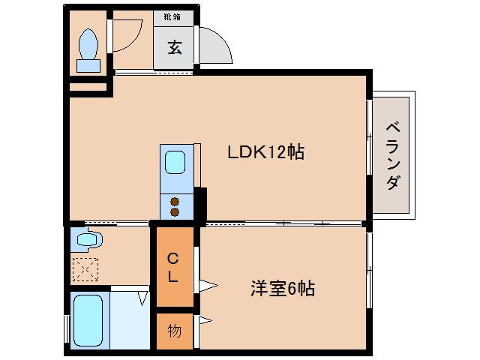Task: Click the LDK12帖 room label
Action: [x=265, y=152]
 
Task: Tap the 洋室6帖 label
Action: [x=281, y=288]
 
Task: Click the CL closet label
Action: [x=172, y=268]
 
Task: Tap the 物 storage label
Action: [x=174, y=331]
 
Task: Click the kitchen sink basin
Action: [x=175, y=161]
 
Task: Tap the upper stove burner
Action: [x=175, y=201]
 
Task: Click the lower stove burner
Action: [x=175, y=212]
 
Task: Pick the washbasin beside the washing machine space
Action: [x=87, y=240]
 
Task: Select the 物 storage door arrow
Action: [x=205, y=321]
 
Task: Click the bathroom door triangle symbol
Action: [x=142, y=298]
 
